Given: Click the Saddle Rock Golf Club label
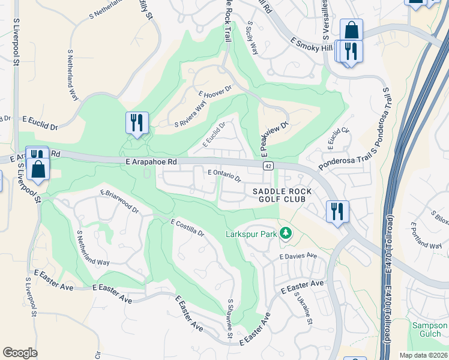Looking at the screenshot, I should click(x=282, y=197).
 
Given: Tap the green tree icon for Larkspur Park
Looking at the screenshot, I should click(x=286, y=233).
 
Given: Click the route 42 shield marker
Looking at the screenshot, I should click(x=267, y=166).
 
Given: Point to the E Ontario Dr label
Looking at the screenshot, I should click(x=224, y=175).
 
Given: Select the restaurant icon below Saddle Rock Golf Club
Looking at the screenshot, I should click(x=336, y=211).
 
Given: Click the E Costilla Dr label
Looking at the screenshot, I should click(x=187, y=227).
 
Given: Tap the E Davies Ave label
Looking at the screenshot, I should click(x=298, y=256).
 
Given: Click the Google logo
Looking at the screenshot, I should click(x=20, y=352).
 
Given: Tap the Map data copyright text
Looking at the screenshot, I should click(x=423, y=355).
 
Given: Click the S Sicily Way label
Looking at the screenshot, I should click(x=253, y=38).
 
